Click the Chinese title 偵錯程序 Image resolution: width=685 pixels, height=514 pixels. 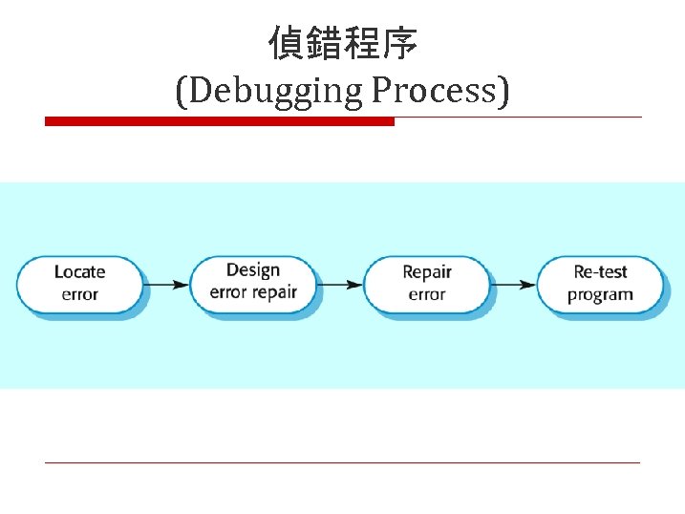342,44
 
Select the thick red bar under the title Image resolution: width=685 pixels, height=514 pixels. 220,121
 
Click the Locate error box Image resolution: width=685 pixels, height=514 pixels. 80,284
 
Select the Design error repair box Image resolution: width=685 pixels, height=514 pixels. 253,283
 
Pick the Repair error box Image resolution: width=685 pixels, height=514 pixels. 426,284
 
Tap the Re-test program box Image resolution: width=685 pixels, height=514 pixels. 600,284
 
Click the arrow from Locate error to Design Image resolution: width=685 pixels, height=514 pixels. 167,285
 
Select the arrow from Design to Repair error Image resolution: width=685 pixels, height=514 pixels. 340,285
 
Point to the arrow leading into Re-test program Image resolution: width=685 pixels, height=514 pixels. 513,285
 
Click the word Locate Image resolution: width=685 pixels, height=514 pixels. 80,272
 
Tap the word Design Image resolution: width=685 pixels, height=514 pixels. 253,270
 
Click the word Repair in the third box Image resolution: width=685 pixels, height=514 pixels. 426,272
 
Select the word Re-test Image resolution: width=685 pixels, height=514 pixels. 600,272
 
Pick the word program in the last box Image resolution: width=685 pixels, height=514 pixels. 600,295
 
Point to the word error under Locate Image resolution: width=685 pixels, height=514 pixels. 80,295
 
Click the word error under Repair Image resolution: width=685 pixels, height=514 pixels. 426,295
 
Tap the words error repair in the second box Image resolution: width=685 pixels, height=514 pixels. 253,293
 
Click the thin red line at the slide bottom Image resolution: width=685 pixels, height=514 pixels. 342,463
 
